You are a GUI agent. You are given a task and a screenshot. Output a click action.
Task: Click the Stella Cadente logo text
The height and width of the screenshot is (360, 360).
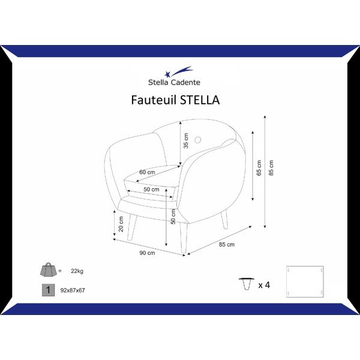coord(174,82)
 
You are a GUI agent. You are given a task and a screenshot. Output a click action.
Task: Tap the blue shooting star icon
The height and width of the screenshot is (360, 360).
coord(178,71)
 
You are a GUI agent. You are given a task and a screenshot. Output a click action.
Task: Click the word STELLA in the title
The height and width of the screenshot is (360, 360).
coord(200,100)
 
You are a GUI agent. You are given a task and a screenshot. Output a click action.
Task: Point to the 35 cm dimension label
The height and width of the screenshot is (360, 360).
coord(186,140)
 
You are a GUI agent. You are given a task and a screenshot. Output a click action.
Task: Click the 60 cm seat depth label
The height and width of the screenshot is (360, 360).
coord(147,172)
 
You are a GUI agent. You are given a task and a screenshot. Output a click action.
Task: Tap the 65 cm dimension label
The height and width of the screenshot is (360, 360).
coord(259,168)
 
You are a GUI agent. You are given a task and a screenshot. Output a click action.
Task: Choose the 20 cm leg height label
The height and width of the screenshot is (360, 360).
coord(121,224)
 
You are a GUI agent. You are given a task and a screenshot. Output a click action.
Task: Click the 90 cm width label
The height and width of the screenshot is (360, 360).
coord(147,253)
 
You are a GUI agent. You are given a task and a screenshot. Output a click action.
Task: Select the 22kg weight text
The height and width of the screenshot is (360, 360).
coord(77,271)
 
